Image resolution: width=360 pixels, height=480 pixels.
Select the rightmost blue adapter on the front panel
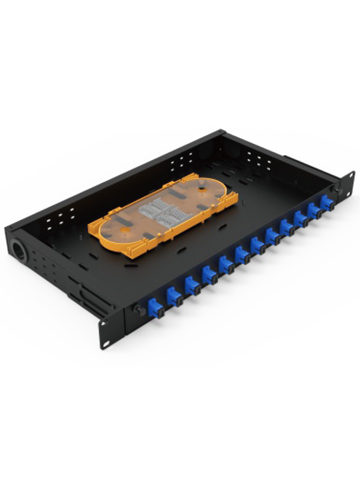[x=327, y=203]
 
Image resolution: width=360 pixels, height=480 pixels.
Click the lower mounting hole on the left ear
[x=107, y=343]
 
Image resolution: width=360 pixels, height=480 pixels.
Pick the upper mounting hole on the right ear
[x=348, y=175]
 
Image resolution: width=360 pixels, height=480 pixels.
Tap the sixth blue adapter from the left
[x=242, y=254]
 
